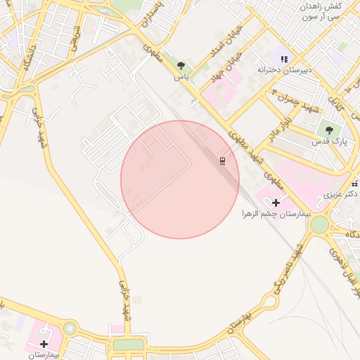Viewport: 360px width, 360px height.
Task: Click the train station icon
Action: [x=223, y=161]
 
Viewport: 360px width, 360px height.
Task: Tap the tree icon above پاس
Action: [x=182, y=65]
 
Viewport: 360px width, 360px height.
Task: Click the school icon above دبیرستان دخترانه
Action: [x=284, y=59]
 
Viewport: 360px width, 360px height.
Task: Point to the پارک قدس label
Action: [x=327, y=141]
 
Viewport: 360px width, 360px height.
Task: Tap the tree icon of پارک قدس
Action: [x=328, y=129]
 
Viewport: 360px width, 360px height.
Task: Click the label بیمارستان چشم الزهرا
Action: [x=276, y=213]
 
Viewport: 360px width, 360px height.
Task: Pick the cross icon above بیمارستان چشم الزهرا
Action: [x=276, y=202]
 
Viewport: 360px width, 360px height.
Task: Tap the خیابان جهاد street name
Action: [x=228, y=64]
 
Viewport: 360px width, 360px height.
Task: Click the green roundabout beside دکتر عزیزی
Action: [x=320, y=224]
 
